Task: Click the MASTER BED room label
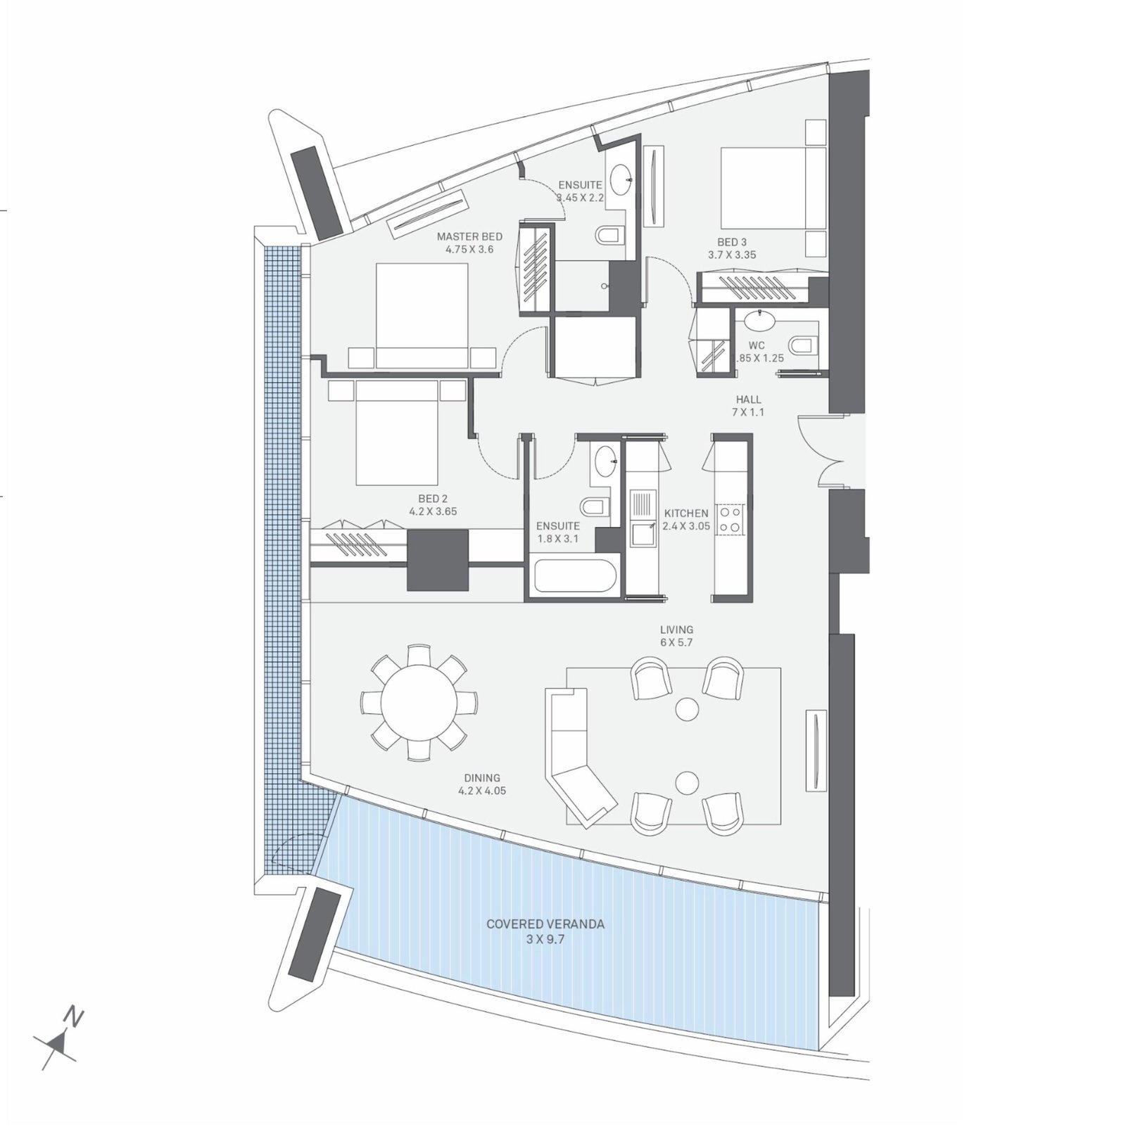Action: click(469, 237)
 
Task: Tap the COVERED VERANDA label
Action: click(545, 924)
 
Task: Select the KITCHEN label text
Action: click(686, 514)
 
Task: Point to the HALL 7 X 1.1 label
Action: click(748, 406)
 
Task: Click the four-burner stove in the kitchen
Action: click(729, 518)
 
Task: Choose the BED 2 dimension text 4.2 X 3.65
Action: click(433, 511)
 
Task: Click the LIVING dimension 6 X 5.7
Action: click(676, 642)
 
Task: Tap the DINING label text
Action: click(482, 778)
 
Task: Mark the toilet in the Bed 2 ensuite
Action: click(594, 506)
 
